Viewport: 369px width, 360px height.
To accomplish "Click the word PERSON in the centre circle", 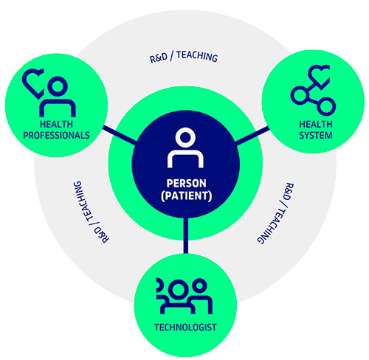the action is (x=186, y=184).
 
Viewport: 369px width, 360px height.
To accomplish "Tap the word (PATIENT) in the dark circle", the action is (x=186, y=195).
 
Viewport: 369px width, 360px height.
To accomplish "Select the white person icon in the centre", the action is (x=185, y=148).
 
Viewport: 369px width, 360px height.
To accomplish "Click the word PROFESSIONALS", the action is (x=56, y=135).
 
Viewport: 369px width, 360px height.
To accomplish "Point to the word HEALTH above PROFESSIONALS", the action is (x=56, y=124).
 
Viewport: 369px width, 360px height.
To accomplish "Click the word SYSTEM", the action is (x=316, y=135).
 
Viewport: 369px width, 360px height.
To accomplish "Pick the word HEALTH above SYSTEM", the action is (x=316, y=124).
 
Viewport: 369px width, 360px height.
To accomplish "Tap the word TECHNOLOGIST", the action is (x=185, y=328).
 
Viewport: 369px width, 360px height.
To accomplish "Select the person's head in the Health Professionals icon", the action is (x=58, y=86).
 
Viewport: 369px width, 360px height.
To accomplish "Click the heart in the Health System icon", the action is (x=319, y=76).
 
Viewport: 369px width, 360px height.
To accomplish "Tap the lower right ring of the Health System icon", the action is (x=326, y=107).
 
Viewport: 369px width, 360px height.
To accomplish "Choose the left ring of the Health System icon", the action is (x=300, y=95).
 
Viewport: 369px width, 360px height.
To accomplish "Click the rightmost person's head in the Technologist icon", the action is (x=199, y=286).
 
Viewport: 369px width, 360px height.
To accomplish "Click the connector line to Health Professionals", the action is (x=120, y=135).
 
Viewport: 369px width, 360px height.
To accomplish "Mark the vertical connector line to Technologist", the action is (x=186, y=235).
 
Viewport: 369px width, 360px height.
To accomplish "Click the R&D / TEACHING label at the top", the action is (x=184, y=57).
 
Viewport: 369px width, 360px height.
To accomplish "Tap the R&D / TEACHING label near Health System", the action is (x=275, y=213).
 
